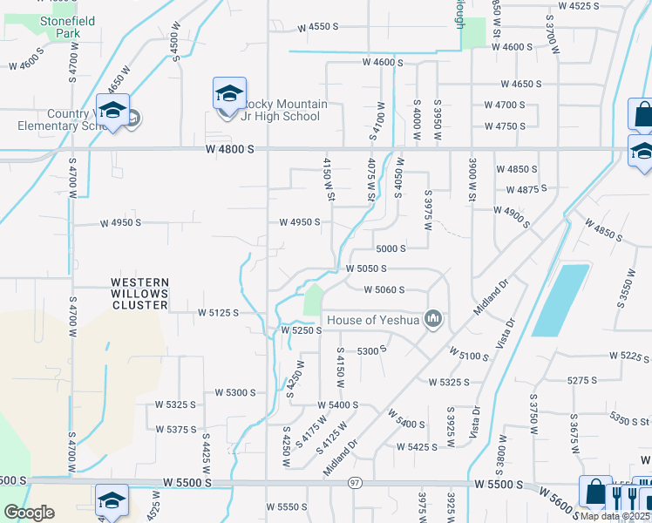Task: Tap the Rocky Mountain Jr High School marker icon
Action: (229, 94)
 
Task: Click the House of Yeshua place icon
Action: (432, 320)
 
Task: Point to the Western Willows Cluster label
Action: (139, 293)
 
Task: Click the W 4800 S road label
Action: (230, 149)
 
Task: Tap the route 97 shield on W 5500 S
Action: (354, 483)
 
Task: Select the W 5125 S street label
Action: (218, 312)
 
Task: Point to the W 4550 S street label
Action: (316, 27)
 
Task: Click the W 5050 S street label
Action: (366, 269)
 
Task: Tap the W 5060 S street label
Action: (384, 289)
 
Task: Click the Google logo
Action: (30, 512)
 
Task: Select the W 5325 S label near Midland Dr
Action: (449, 382)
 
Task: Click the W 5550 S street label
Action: (288, 506)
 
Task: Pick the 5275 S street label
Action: (581, 380)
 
